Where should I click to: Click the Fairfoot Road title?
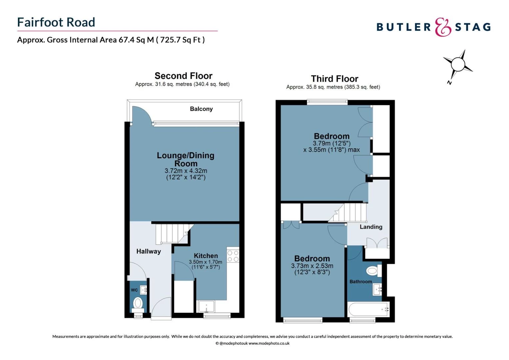56,22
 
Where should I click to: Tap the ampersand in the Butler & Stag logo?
443,27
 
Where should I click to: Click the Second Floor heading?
183,76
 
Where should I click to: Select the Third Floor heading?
334,79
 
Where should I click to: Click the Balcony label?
201,109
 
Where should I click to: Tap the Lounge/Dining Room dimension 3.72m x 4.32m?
186,171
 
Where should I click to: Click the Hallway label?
149,251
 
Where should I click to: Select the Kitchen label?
206,256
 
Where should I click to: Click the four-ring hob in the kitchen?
233,256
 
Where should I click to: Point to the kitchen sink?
206,306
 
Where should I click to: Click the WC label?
134,290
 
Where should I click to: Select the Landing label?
371,227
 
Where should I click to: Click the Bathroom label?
360,282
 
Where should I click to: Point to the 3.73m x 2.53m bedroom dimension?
312,266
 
